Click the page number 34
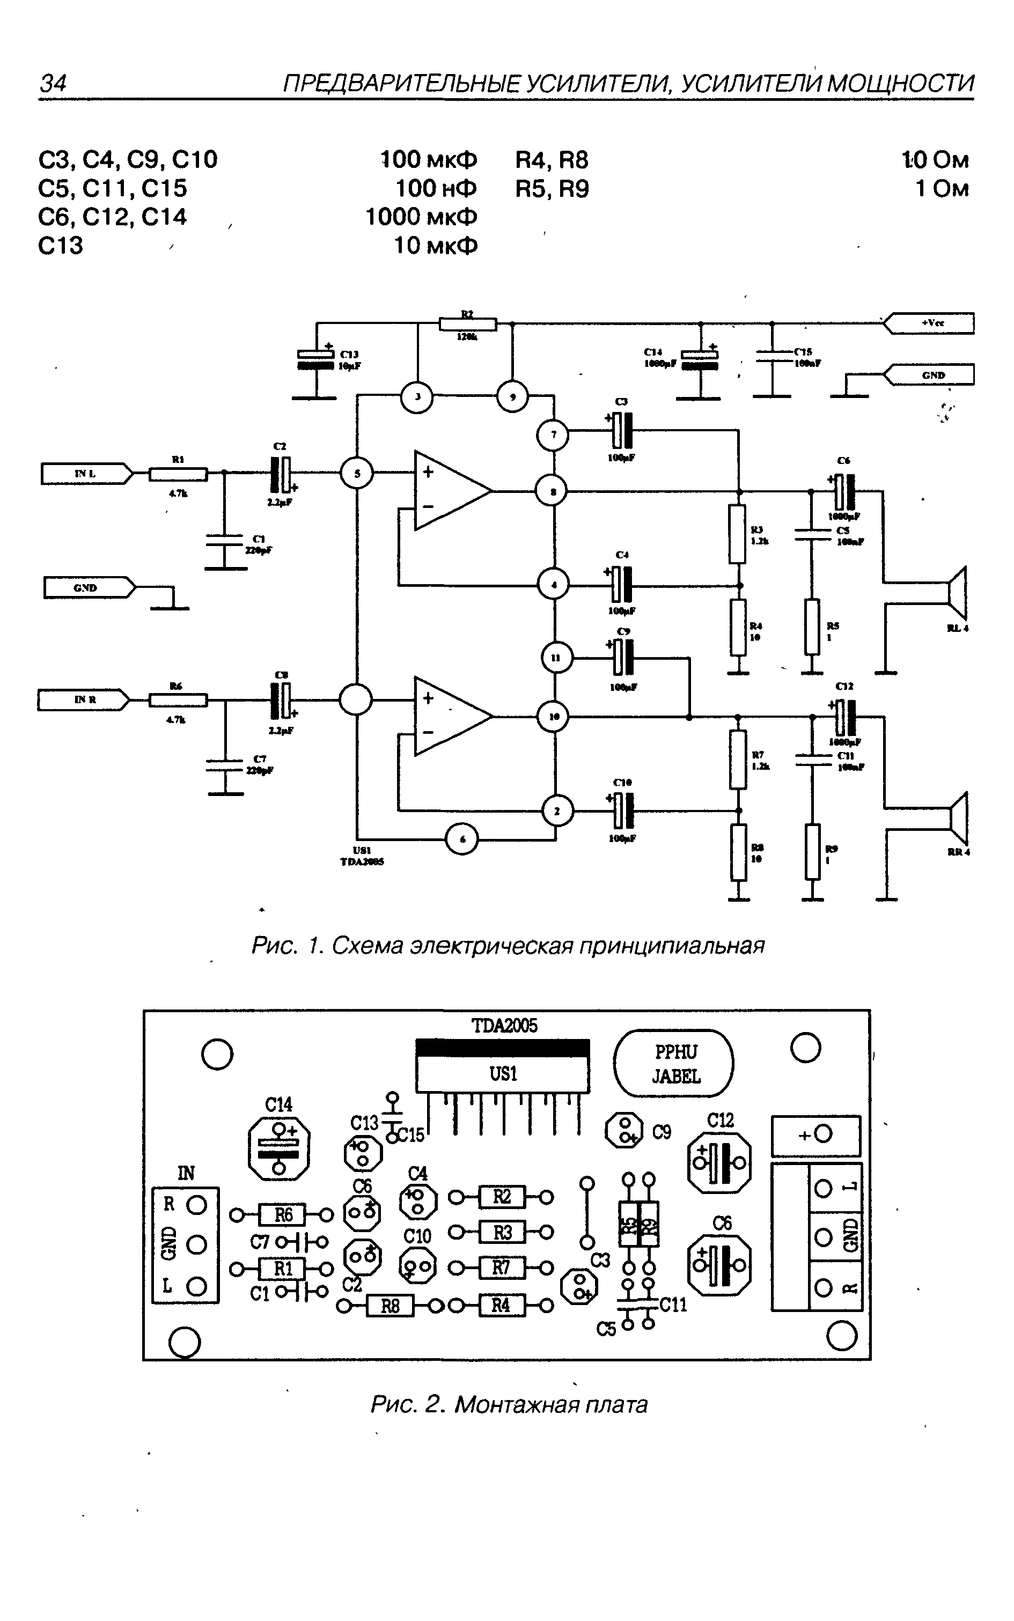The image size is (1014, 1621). (x=53, y=83)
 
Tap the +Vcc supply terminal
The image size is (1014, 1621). (x=931, y=323)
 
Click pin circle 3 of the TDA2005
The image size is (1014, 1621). (x=417, y=397)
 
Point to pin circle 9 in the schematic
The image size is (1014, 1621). (x=512, y=397)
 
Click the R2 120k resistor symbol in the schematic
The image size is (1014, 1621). (x=467, y=325)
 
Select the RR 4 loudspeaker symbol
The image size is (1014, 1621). (x=958, y=819)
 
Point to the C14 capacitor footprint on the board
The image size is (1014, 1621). (x=279, y=1148)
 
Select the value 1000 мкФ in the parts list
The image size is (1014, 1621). (x=421, y=217)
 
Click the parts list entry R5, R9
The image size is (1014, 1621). (x=552, y=189)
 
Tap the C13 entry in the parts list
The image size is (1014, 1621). (x=60, y=245)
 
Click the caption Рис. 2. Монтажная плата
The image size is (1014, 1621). (x=509, y=1404)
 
